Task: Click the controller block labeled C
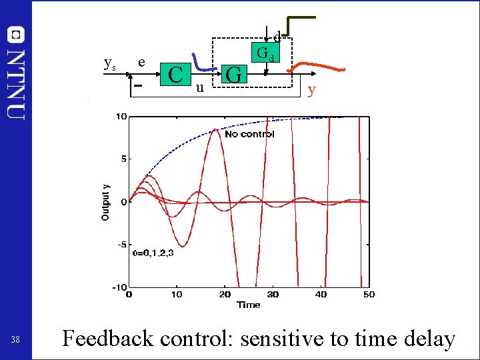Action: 176,74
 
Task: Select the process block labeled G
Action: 233,74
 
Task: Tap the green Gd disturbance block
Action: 265,53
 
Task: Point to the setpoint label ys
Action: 110,63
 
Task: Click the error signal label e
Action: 141,62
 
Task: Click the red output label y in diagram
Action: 311,89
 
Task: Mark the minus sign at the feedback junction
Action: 137,86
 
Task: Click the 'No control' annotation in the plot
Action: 249,134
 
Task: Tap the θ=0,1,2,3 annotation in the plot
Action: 154,253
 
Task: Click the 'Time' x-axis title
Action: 248,305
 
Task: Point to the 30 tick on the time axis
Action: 273,294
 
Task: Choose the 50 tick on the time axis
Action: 368,294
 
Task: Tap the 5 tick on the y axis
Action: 123,159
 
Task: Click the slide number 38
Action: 15,340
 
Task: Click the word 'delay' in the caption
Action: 430,339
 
